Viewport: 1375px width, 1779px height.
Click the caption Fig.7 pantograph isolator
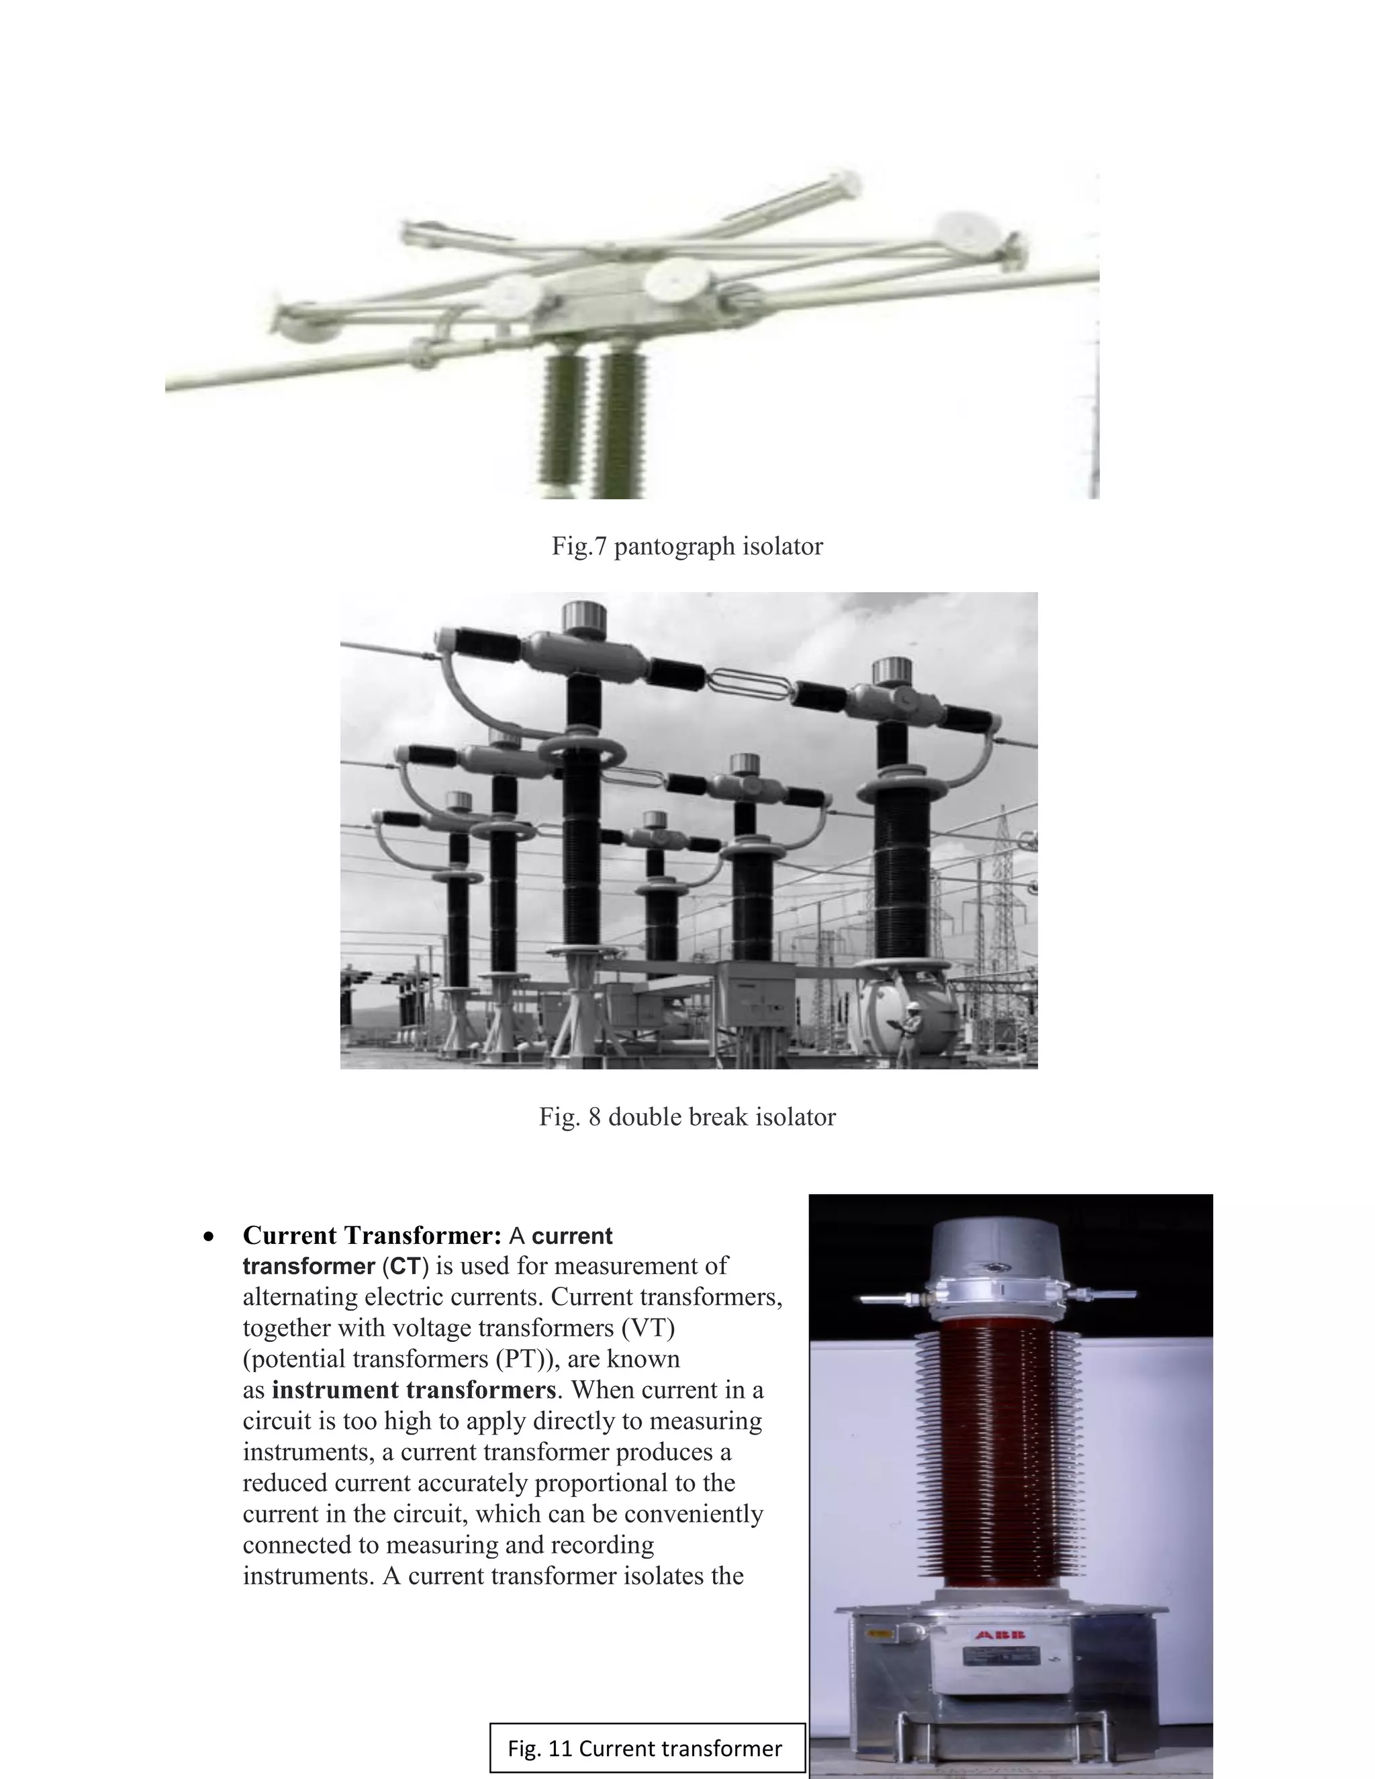point(687,546)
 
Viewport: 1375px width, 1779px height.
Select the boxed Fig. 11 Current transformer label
point(646,1748)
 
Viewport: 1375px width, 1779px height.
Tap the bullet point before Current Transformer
point(210,1237)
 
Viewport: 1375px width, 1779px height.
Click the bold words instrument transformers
point(414,1390)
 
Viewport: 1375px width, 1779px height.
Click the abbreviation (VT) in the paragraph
point(649,1328)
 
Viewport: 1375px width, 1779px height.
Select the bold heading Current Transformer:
point(371,1236)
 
